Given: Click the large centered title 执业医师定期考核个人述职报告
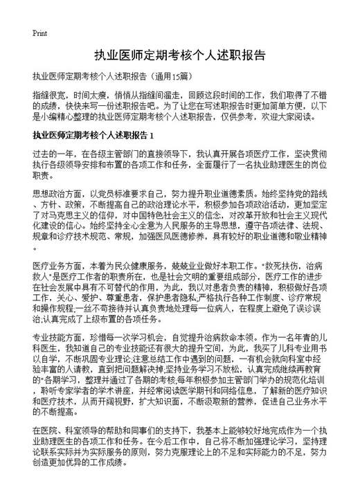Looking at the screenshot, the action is click(x=180, y=55).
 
